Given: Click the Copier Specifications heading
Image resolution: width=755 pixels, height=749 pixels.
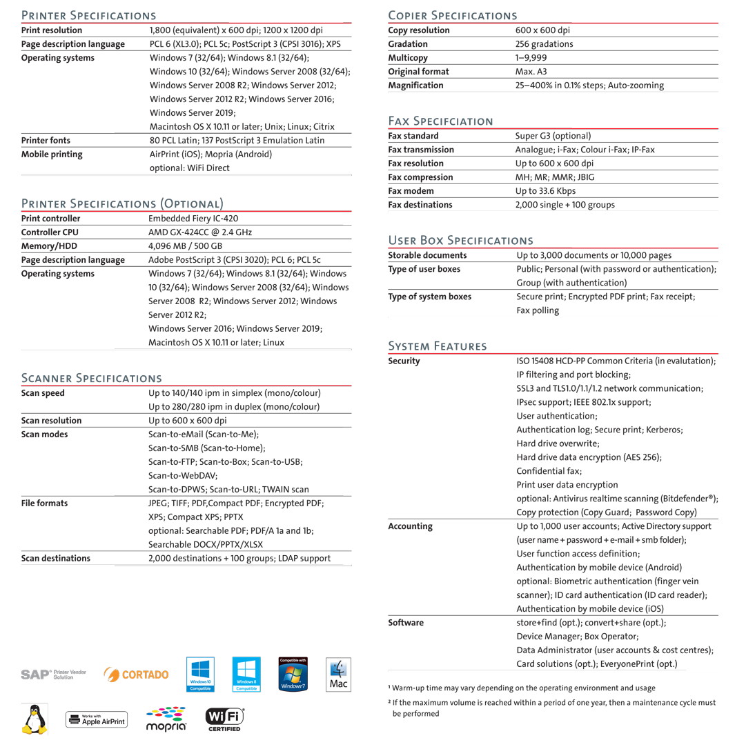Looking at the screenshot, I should [453, 14].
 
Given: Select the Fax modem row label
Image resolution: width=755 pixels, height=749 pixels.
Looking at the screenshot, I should [411, 190].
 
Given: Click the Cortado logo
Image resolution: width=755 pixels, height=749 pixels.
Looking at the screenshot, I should [136, 673].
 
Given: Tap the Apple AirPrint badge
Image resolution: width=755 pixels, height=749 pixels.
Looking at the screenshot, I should [96, 720].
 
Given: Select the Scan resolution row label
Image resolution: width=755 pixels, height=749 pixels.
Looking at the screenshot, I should [52, 420].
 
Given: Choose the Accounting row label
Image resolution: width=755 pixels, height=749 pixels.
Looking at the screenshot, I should [411, 526].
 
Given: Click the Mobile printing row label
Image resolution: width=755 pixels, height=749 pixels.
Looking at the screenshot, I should [52, 154].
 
